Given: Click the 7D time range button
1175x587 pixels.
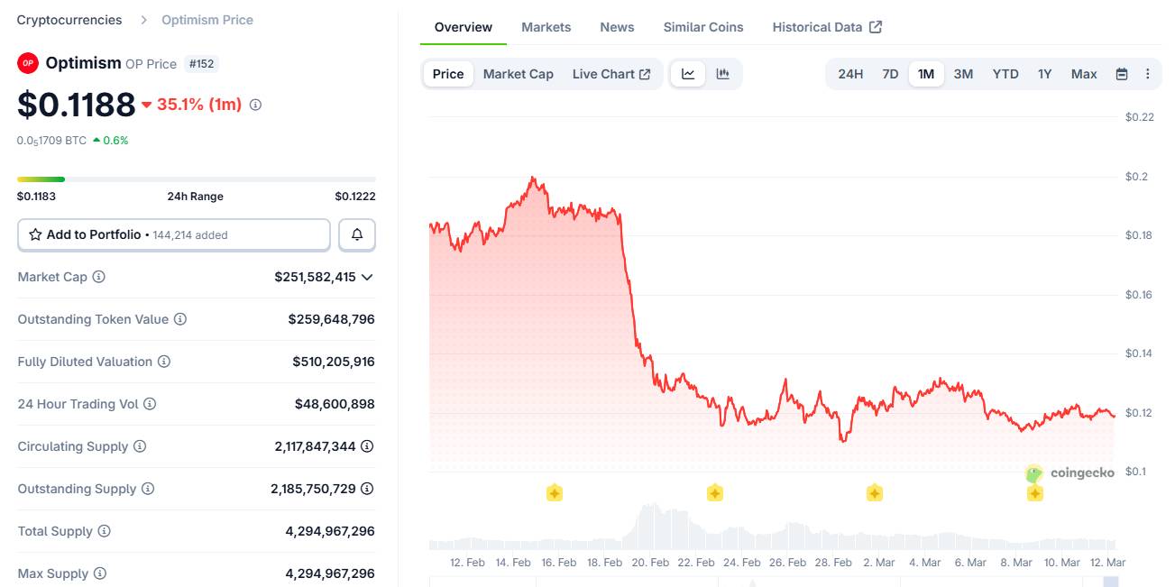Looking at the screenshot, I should click(890, 74).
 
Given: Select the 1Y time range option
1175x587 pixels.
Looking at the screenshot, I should click(1044, 74).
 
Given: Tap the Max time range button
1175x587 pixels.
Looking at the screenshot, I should click(1084, 74).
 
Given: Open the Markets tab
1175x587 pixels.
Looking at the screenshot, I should click(546, 27).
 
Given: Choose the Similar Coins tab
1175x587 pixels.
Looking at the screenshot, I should click(703, 27).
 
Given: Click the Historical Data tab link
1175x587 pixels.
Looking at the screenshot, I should click(826, 27).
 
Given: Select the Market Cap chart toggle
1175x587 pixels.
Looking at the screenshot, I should click(518, 74).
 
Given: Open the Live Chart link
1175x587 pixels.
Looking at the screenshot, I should click(610, 74).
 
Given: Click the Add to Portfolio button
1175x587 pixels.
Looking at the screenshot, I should click(174, 234).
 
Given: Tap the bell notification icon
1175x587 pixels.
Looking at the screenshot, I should click(357, 234).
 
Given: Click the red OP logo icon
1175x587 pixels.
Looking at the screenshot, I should click(28, 63).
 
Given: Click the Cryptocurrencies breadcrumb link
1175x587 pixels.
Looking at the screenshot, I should click(69, 20).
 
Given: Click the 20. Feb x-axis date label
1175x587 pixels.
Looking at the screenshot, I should click(649, 563).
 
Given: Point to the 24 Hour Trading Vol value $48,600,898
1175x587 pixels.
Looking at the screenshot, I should click(335, 404).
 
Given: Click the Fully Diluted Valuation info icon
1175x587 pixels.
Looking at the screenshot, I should click(164, 362).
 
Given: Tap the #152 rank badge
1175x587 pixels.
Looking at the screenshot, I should click(202, 64).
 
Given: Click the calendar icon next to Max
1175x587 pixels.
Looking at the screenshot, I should click(1122, 74).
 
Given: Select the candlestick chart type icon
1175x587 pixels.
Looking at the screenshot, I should click(722, 74).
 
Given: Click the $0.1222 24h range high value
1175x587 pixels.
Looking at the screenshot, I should click(355, 197).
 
